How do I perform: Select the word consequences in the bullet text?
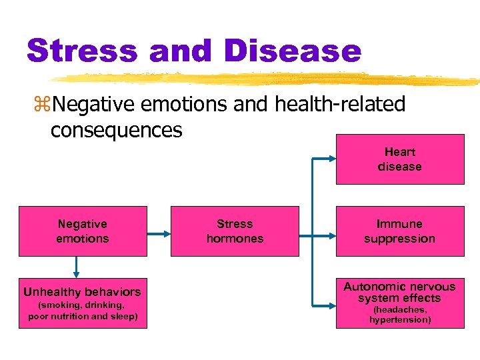point(116,130)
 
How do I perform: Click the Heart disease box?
point(399,159)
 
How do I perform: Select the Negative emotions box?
point(82,231)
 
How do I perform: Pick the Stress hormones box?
point(235,231)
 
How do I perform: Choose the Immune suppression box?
point(399,231)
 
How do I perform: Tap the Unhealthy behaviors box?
point(82,303)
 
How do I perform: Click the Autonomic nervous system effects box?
point(399,303)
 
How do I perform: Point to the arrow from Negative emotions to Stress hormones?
point(158,234)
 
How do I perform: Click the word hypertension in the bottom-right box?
point(400,320)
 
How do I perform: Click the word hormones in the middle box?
point(235,239)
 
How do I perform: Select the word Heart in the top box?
point(399,152)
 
